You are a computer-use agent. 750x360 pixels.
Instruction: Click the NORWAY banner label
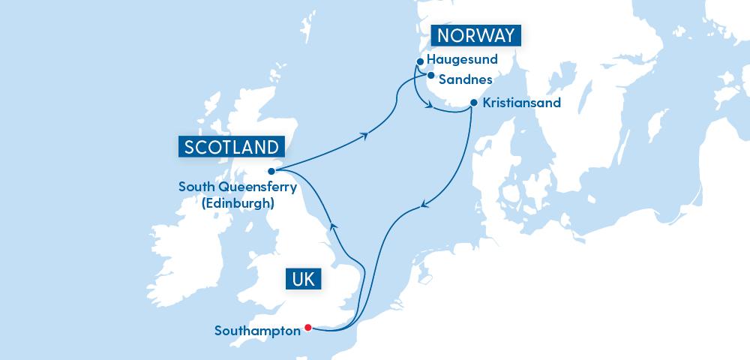(x=476, y=36)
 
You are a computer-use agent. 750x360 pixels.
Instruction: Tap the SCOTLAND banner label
(x=231, y=146)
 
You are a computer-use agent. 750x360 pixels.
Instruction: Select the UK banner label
(x=304, y=280)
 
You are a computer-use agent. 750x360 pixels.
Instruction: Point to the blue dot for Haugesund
(x=419, y=61)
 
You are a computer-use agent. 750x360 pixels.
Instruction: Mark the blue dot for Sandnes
(x=430, y=75)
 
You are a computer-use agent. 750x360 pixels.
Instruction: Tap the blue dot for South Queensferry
(x=271, y=171)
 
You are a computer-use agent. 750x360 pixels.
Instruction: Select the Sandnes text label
(x=465, y=79)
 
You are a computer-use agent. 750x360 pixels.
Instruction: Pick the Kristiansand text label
(x=522, y=103)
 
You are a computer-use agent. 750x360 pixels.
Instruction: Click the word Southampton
(x=256, y=330)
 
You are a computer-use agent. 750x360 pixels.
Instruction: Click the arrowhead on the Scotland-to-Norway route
(x=365, y=135)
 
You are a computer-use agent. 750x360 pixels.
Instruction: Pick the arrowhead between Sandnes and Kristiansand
(x=431, y=106)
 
